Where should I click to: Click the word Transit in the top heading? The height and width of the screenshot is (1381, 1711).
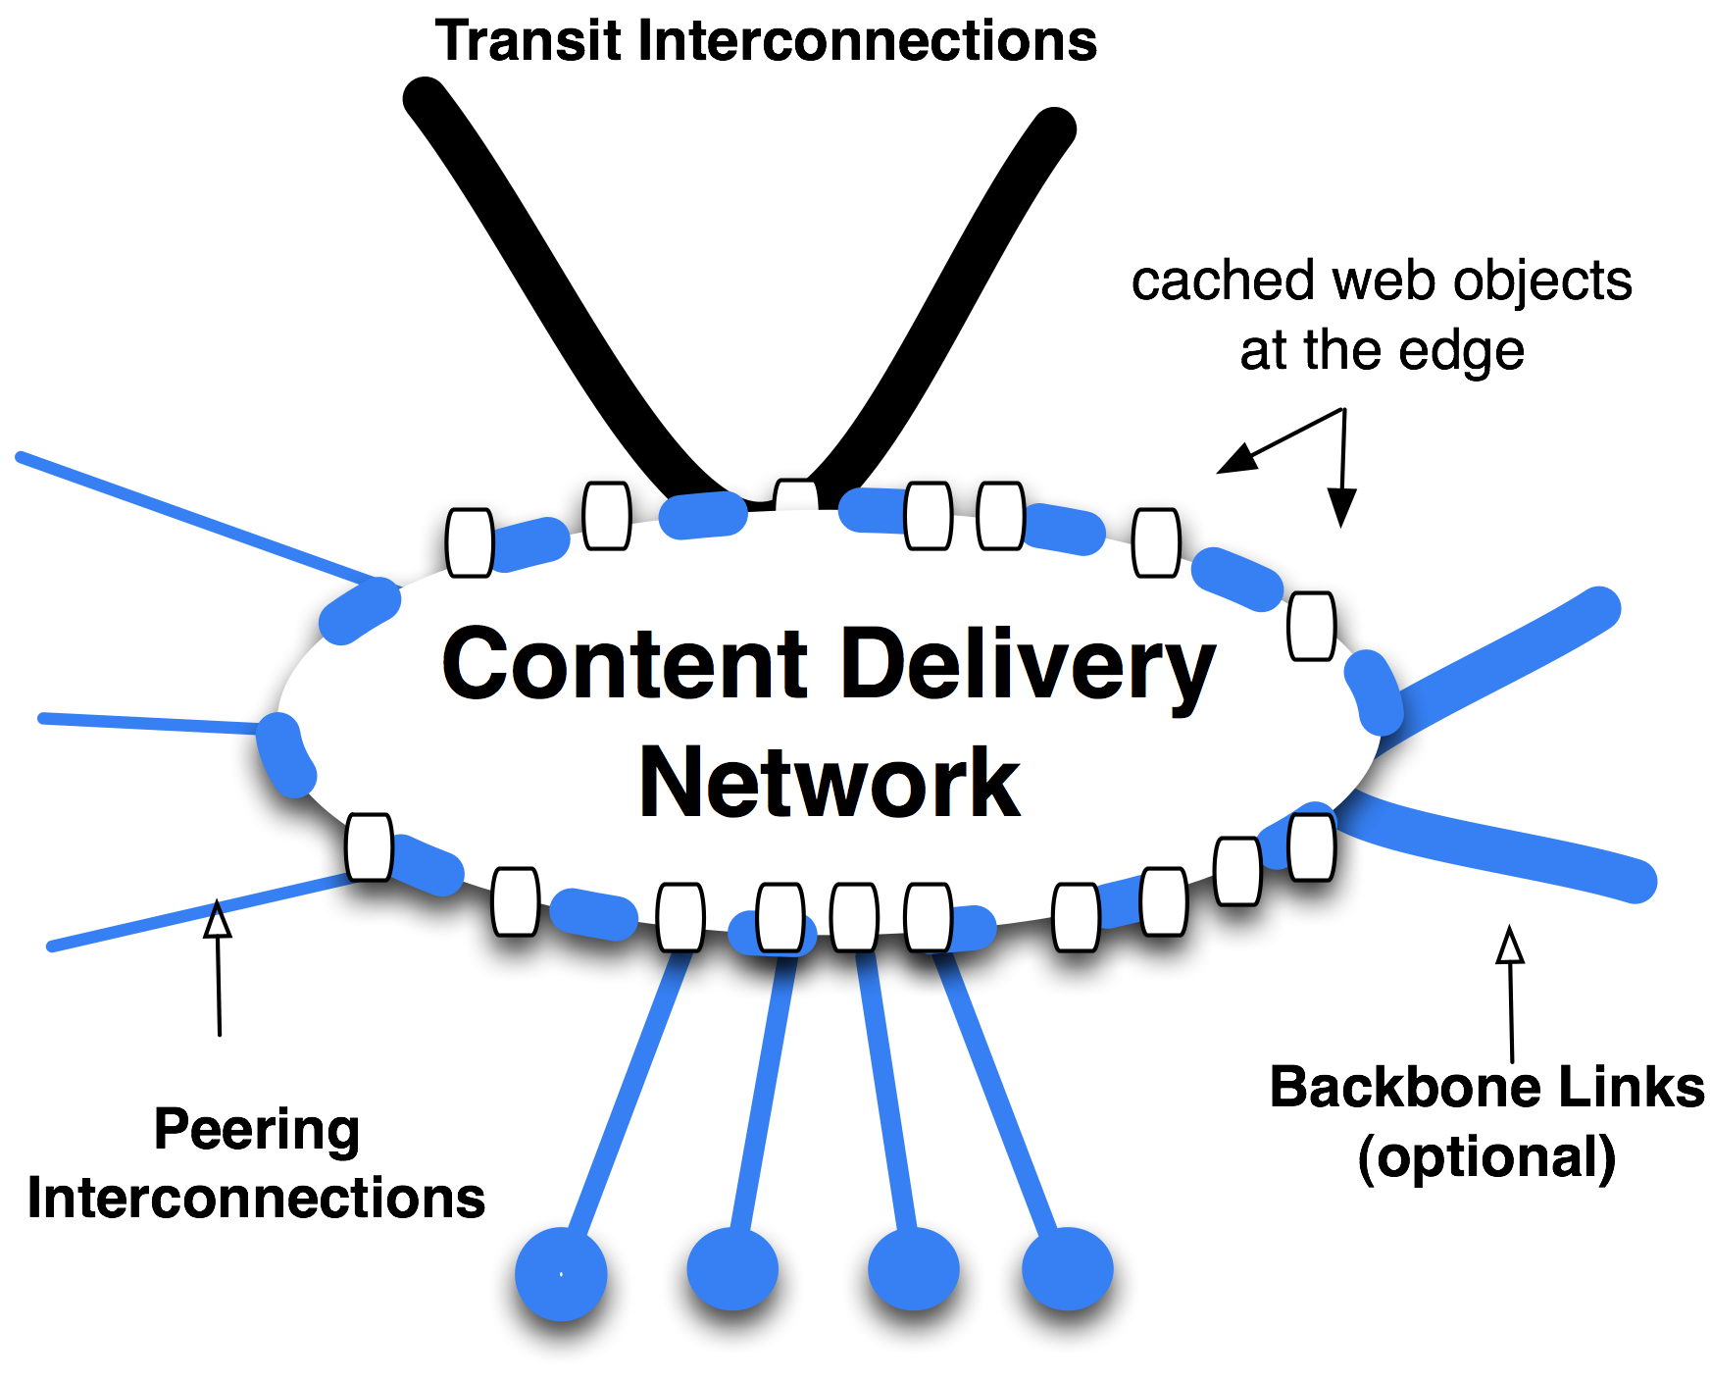pos(529,41)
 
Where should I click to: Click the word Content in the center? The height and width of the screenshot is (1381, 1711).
pos(626,665)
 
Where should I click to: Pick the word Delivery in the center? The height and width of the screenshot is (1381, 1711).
pos(1029,667)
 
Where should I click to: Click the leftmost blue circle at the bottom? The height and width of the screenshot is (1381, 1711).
pos(561,1274)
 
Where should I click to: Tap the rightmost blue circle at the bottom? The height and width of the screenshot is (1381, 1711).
pos(1068,1269)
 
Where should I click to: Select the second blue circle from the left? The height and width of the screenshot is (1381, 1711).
pos(732,1269)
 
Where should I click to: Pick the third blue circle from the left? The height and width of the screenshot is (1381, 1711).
pos(913,1269)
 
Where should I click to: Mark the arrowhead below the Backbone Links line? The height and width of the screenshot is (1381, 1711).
pos(1510,946)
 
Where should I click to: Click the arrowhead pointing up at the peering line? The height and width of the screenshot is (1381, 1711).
pos(218,921)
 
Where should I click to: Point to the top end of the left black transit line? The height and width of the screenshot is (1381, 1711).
pos(425,98)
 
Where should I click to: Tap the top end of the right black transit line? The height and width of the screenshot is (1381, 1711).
pos(1055,128)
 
